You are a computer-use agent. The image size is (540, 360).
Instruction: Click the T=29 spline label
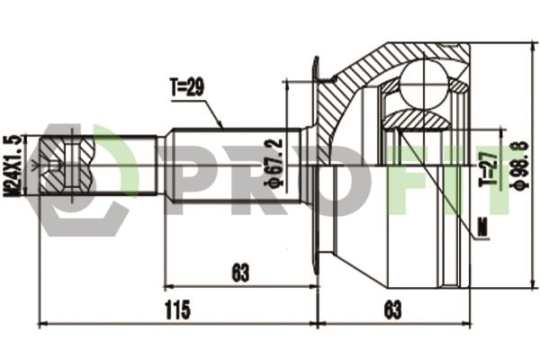click(x=187, y=86)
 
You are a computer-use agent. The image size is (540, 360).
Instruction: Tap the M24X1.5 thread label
click(x=12, y=166)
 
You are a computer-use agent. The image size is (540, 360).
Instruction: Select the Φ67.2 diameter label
click(x=274, y=163)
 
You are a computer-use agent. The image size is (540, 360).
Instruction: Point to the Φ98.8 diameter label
click(x=518, y=165)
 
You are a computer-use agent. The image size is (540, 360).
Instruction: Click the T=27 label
click(x=490, y=167)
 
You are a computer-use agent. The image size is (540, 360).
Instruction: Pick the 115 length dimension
click(x=177, y=310)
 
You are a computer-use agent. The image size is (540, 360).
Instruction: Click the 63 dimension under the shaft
click(x=240, y=273)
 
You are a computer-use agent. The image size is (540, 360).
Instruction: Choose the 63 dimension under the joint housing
click(x=392, y=310)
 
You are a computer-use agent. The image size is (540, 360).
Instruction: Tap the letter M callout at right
click(x=484, y=227)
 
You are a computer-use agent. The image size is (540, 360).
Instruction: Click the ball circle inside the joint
click(x=424, y=85)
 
